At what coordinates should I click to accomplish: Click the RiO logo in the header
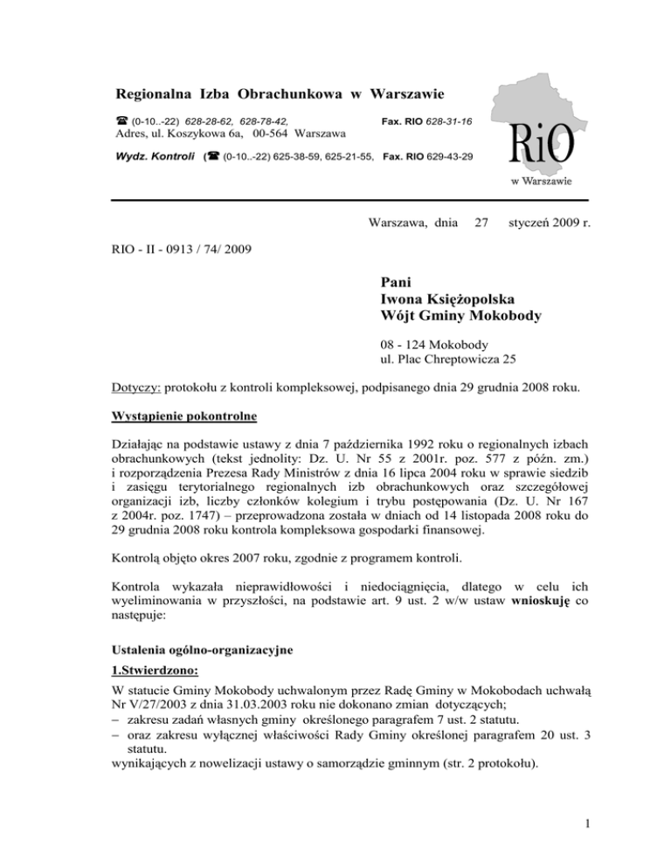coord(539,143)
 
